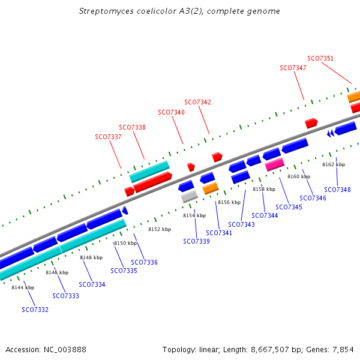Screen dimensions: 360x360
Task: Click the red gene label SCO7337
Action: (x=108, y=137)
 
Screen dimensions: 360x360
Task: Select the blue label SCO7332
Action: (x=35, y=310)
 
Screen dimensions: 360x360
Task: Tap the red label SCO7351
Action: (x=320, y=58)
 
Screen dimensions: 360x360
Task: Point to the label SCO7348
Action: (x=337, y=190)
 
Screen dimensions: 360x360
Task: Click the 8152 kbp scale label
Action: (x=160, y=229)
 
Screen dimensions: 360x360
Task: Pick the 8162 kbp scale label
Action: (x=334, y=164)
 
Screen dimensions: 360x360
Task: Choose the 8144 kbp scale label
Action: (x=23, y=287)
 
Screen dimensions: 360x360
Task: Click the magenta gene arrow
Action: (x=274, y=164)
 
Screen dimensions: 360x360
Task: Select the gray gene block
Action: (x=189, y=196)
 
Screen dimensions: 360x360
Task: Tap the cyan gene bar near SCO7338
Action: (x=149, y=171)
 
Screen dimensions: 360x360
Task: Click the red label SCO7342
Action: (x=197, y=102)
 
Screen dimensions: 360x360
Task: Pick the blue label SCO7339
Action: (x=196, y=241)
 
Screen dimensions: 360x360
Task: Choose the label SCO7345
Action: (x=289, y=207)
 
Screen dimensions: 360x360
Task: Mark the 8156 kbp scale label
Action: (x=229, y=202)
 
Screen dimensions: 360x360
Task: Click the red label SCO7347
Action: (x=293, y=68)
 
